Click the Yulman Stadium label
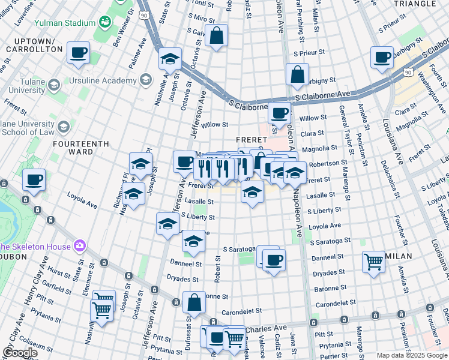pos(65,23)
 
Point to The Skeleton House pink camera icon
pos(79,246)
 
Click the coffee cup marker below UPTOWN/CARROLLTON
pos(78,53)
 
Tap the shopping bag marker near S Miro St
pos(216,35)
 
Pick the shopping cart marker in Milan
pos(374,261)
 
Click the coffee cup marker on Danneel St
pos(274,260)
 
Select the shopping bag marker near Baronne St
pos(194,302)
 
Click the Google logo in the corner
pos(19,352)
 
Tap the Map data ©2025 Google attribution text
pos(411,355)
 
